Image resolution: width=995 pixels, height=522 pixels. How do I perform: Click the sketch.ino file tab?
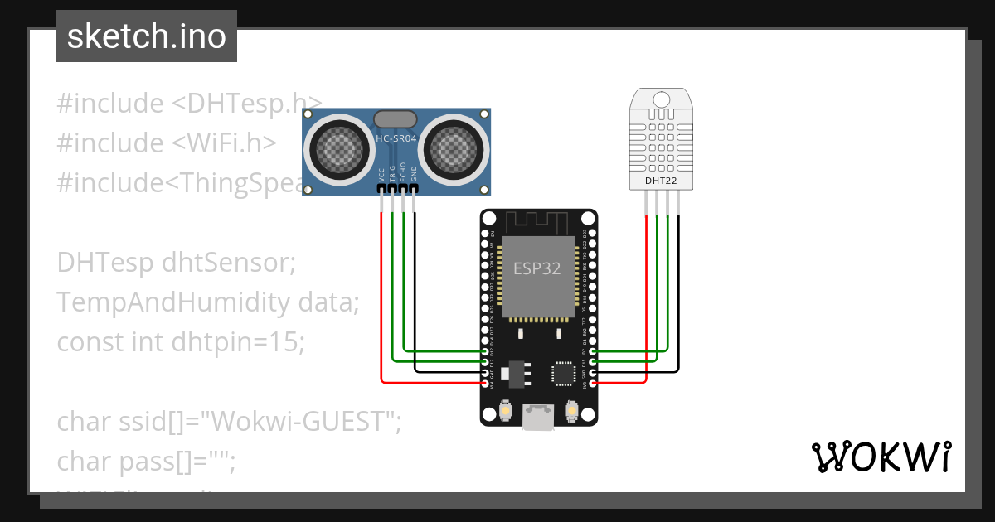point(146,36)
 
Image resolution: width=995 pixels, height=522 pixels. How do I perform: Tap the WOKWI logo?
point(881,457)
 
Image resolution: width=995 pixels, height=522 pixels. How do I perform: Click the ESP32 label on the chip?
point(536,268)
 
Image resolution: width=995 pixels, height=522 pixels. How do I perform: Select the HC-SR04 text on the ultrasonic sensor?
point(396,138)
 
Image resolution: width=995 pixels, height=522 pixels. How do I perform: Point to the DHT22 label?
point(661,180)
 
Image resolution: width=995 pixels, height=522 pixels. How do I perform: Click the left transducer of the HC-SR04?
point(337,149)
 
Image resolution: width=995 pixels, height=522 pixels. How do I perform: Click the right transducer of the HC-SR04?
point(454,149)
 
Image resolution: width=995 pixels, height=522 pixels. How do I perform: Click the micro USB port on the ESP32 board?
point(538,418)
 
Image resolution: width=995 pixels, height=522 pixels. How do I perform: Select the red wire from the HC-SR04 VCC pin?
point(381,298)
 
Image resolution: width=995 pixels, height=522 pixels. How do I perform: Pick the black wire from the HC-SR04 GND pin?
point(415,290)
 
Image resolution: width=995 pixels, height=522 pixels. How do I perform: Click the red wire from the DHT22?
point(646,298)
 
